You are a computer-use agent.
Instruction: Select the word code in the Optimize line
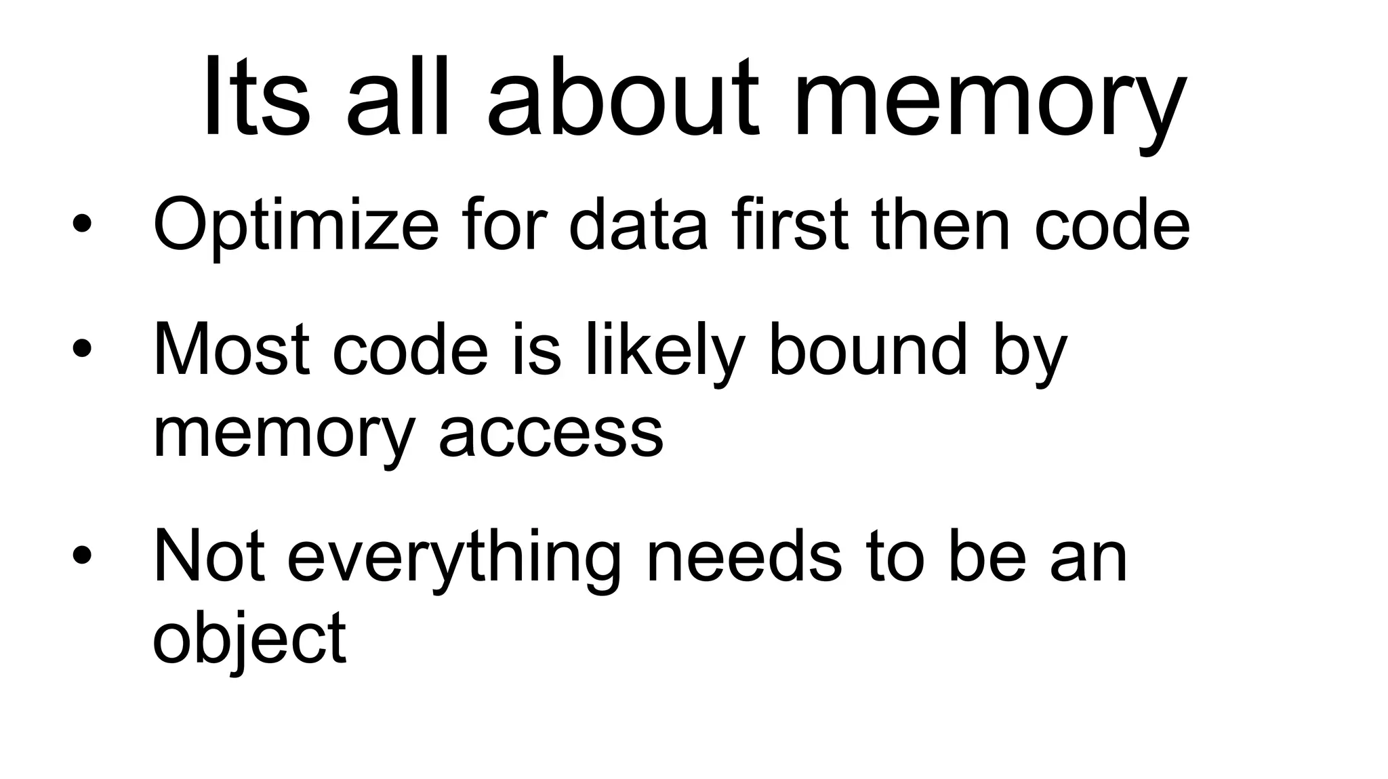coord(1112,224)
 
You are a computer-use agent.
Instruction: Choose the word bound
coord(868,350)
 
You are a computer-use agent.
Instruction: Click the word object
coord(249,640)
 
